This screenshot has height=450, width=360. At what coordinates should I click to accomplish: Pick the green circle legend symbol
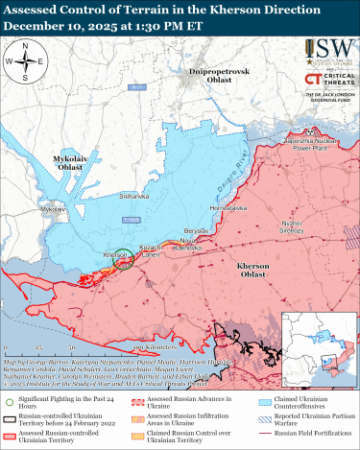click(9, 403)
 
